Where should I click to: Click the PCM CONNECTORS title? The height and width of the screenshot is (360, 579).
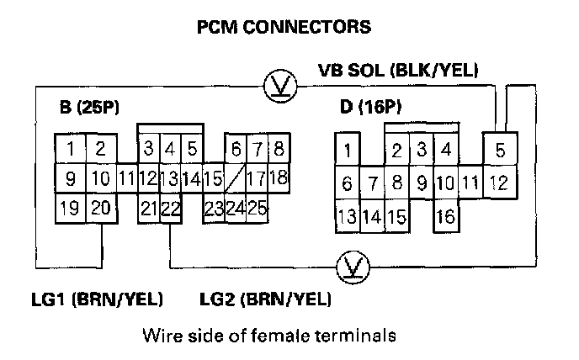click(x=283, y=28)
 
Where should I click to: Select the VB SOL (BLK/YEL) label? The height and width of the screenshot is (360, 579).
click(x=398, y=71)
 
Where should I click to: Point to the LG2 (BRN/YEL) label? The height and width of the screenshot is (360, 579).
click(x=265, y=299)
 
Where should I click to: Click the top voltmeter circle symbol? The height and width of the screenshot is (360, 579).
click(x=275, y=86)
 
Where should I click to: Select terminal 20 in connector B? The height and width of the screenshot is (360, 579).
click(x=100, y=207)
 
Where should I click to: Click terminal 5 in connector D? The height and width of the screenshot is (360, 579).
click(x=500, y=151)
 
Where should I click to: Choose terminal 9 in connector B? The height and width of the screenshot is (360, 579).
click(x=72, y=178)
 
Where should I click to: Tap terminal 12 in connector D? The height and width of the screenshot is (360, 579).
click(x=500, y=181)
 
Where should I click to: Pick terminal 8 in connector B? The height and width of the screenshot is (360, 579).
click(x=279, y=150)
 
